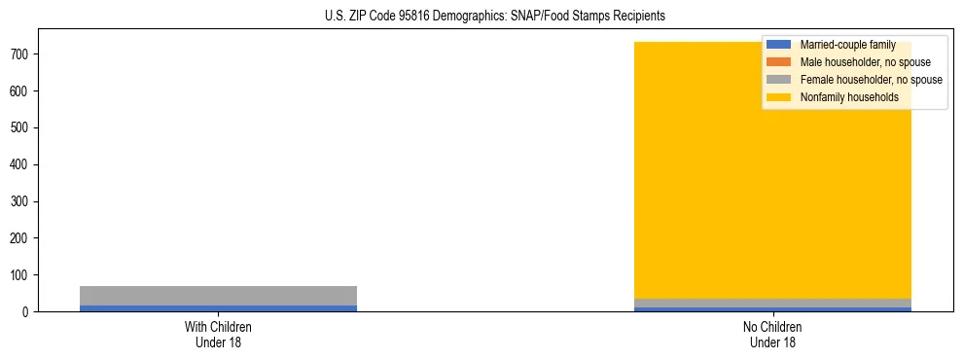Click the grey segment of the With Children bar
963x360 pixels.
click(x=218, y=295)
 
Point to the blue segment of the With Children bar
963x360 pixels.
click(x=218, y=308)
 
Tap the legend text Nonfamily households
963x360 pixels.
click(x=849, y=97)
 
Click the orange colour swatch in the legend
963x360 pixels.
click(x=778, y=62)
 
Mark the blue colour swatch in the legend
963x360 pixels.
click(x=778, y=45)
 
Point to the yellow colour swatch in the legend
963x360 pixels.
click(x=778, y=97)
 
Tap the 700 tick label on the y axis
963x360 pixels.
click(x=18, y=54)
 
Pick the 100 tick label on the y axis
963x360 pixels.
click(x=18, y=275)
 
